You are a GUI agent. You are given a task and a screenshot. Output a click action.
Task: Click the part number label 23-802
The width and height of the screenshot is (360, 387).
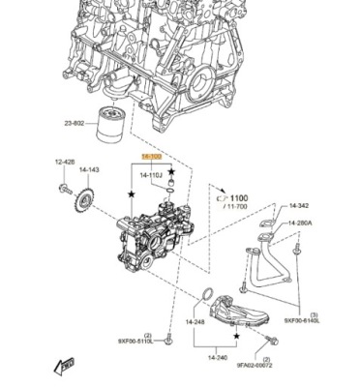click(75, 124)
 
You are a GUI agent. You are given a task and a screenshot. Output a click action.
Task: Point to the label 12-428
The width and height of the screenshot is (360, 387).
click(65, 162)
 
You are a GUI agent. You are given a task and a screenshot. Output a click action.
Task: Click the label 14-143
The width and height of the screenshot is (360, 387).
click(89, 170)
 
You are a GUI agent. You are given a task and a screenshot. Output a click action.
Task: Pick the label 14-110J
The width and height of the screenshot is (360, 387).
click(152, 175)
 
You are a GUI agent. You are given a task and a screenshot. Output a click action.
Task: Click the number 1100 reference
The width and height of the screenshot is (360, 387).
click(238, 197)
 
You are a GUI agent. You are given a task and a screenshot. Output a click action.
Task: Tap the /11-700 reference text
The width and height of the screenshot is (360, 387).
click(236, 207)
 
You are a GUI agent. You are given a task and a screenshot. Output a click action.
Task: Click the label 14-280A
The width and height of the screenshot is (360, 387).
click(301, 223)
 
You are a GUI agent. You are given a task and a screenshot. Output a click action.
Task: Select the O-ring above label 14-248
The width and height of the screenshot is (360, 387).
click(206, 295)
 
